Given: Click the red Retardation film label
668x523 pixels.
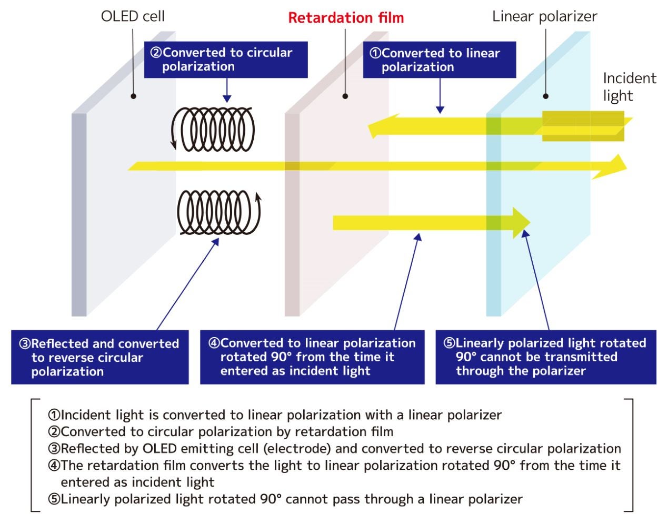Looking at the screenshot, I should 346,18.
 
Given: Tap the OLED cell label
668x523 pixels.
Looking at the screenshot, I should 133,16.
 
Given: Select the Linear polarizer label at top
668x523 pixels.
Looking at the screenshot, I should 544,16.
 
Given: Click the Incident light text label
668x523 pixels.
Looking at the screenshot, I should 629,87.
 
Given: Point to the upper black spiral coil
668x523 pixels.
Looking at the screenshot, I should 213,130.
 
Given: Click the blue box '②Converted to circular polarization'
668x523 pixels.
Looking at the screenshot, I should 226,60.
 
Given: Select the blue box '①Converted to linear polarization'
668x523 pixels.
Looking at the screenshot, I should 439,60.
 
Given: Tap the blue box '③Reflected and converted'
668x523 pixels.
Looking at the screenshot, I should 99,358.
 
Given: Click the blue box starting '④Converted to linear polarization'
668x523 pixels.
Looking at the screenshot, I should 312,357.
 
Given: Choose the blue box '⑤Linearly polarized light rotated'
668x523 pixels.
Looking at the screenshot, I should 545,357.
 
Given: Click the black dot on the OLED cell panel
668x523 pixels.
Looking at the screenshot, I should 134,96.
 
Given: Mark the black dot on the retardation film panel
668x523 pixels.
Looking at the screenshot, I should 345,96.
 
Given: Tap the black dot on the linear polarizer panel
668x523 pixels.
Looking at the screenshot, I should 546,96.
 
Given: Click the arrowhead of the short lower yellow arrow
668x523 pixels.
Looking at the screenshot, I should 522,223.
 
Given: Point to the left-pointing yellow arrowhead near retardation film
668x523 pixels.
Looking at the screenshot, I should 374,127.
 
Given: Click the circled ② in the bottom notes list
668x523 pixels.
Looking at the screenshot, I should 54,432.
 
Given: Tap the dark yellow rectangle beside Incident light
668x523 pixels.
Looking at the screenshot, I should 583,126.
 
